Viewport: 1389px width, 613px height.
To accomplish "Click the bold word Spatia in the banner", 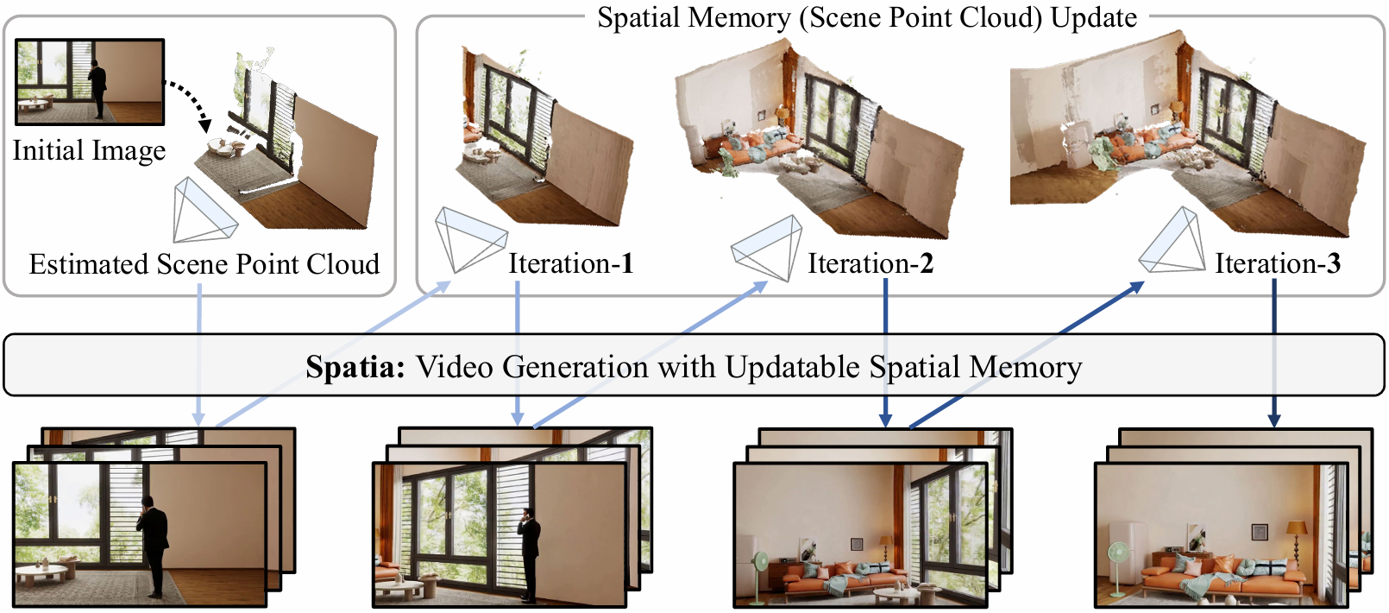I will pos(355,367).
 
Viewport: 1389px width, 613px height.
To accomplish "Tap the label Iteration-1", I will pos(570,263).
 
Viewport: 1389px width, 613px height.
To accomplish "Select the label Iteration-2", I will pos(870,263).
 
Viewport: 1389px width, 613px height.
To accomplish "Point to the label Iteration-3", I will pos(1277,263).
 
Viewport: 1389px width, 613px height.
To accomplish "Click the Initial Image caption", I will pos(89,150).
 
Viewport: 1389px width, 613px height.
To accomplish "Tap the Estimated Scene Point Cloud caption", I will pos(204,263).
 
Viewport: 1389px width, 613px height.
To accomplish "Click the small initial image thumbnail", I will pos(90,81).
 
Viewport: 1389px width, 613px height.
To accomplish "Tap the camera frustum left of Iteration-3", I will pos(1174,243).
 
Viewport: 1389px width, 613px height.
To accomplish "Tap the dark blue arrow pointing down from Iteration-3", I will pos(1274,354).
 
